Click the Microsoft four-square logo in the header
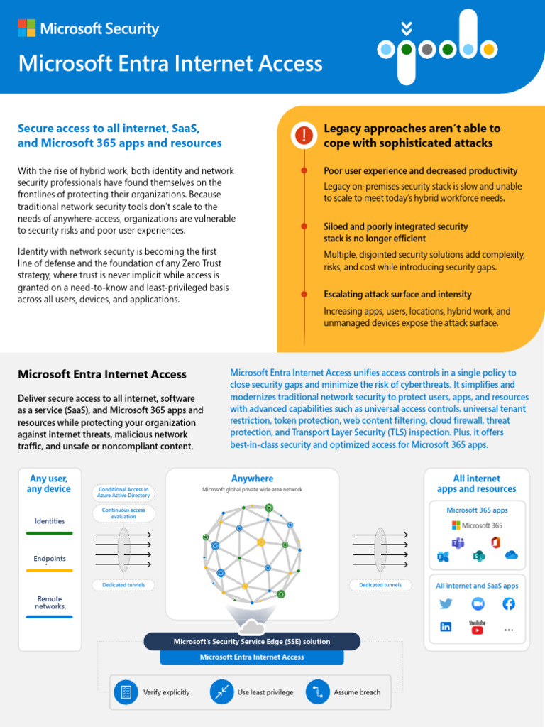(x=27, y=28)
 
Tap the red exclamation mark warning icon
(x=304, y=135)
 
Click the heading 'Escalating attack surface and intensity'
(x=397, y=294)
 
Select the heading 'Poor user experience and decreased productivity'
(x=420, y=171)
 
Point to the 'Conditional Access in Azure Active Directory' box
(x=123, y=493)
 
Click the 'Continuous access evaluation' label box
(x=123, y=513)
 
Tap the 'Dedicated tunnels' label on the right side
(x=380, y=585)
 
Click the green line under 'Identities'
(x=49, y=532)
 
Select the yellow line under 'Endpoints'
(x=49, y=570)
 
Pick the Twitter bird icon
(x=446, y=604)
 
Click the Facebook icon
(x=509, y=604)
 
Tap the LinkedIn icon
(x=446, y=627)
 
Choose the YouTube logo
(x=477, y=626)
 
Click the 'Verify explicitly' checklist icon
(x=126, y=692)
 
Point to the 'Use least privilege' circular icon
(x=222, y=692)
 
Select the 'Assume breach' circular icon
(x=318, y=692)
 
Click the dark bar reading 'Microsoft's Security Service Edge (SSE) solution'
(x=252, y=642)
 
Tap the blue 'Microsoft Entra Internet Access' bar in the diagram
(x=252, y=657)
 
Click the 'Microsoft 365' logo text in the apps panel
(x=476, y=525)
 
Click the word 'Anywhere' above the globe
(x=252, y=479)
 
